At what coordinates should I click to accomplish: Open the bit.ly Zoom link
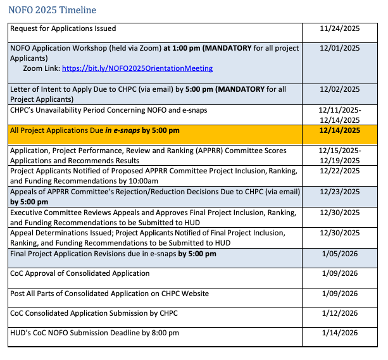coord(137,68)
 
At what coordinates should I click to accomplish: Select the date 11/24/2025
coord(340,29)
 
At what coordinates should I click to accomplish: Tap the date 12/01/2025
coord(340,48)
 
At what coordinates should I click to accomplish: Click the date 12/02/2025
coord(340,89)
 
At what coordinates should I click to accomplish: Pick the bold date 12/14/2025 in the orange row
coord(340,130)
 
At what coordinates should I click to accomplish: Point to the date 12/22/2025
coord(340,171)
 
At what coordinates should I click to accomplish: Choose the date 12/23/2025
coord(340,192)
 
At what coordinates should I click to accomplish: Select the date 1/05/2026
coord(340,254)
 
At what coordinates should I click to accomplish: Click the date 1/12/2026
coord(340,313)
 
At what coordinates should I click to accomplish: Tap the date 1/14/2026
coord(340,333)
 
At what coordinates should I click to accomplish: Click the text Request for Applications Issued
coord(63,29)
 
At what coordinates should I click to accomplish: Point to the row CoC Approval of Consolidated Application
coord(80,273)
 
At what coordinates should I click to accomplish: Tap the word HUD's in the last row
coord(22,333)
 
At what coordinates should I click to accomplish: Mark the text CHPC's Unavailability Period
coord(59,110)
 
